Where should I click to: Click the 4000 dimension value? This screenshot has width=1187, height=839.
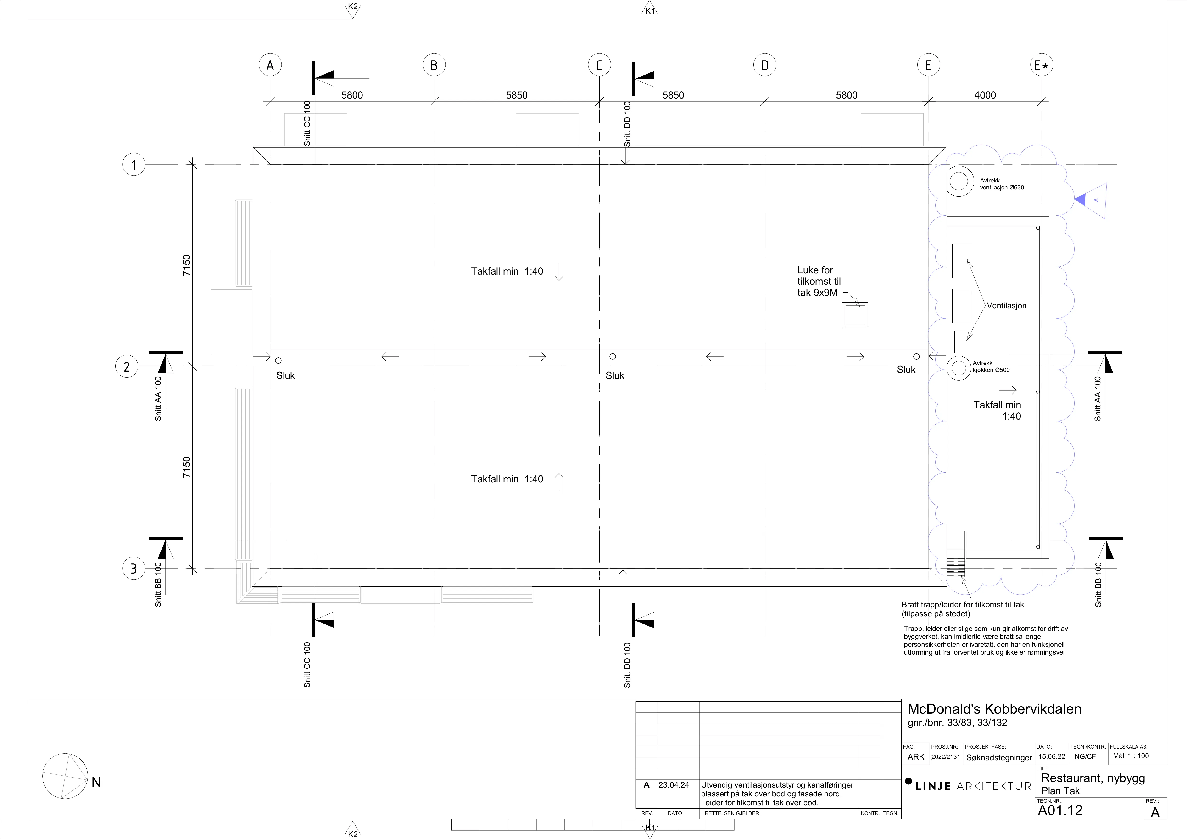coord(985,95)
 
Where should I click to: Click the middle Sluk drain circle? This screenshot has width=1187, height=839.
coord(613,356)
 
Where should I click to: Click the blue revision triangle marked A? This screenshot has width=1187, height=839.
coord(1091,200)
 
